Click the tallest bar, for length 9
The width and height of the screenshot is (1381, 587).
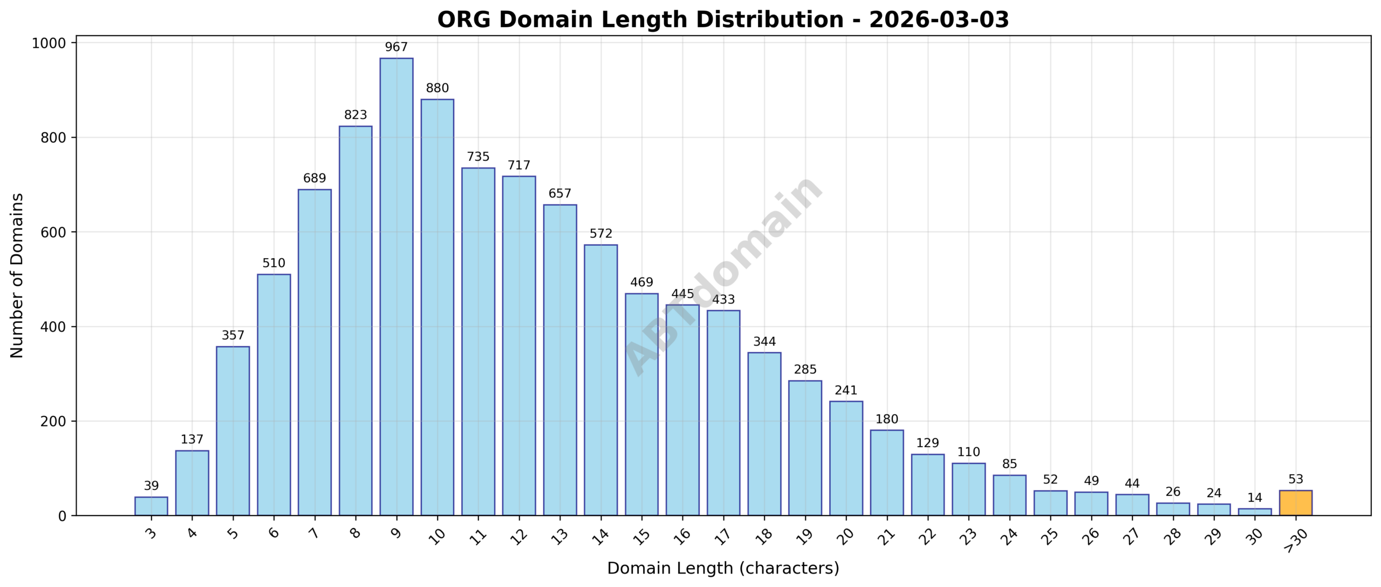(x=396, y=286)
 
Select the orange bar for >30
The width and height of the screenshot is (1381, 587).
(x=1295, y=503)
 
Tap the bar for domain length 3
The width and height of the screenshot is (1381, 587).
(x=151, y=506)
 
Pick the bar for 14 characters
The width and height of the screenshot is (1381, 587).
(x=600, y=380)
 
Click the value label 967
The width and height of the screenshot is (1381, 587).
(x=396, y=48)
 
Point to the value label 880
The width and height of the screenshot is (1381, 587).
(x=437, y=88)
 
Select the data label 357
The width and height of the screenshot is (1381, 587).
(x=233, y=335)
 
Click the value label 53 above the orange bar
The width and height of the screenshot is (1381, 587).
(x=1295, y=480)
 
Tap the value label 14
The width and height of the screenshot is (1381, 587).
(x=1255, y=498)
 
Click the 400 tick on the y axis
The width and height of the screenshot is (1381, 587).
(x=53, y=327)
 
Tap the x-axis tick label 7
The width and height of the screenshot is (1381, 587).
(x=314, y=534)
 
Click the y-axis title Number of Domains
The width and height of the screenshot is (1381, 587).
(x=17, y=275)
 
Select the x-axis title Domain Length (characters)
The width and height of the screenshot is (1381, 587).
(x=723, y=568)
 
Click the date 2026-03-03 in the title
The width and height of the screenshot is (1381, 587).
(x=939, y=20)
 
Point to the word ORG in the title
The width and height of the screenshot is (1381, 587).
(x=464, y=20)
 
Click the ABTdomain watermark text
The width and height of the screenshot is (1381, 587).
(x=723, y=275)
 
